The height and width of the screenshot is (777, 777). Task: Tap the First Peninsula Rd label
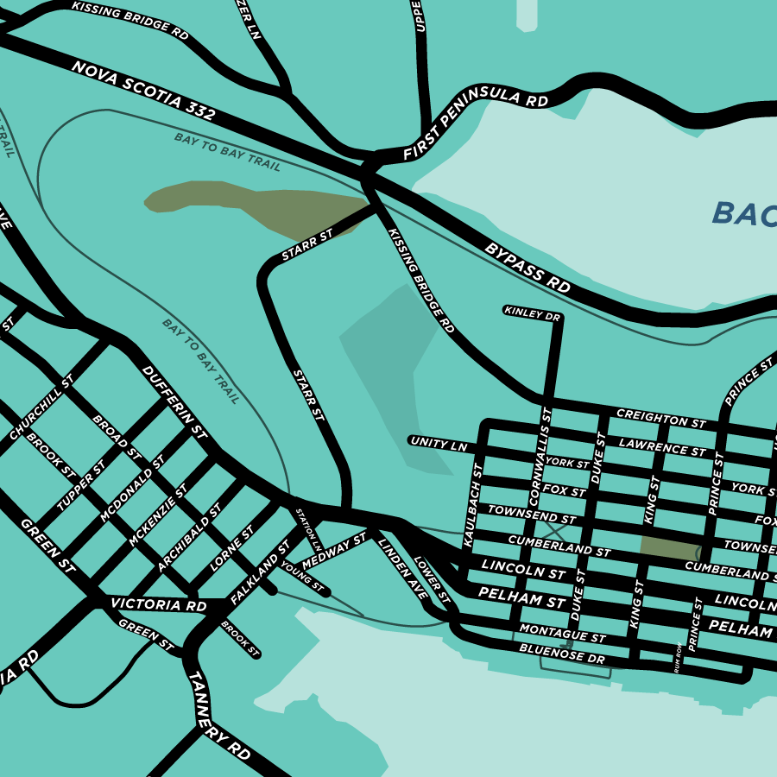[475, 125]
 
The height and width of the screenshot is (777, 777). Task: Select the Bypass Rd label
[528, 266]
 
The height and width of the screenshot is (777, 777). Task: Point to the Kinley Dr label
[532, 313]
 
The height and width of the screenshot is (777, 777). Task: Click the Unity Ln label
[439, 444]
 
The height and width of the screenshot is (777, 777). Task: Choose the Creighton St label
[661, 419]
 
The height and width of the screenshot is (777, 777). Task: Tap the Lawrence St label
[662, 446]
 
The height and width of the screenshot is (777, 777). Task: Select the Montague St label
[562, 635]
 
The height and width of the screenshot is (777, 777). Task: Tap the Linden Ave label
[402, 568]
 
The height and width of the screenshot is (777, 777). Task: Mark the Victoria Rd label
[159, 605]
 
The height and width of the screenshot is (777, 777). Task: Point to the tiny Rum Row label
[679, 659]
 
